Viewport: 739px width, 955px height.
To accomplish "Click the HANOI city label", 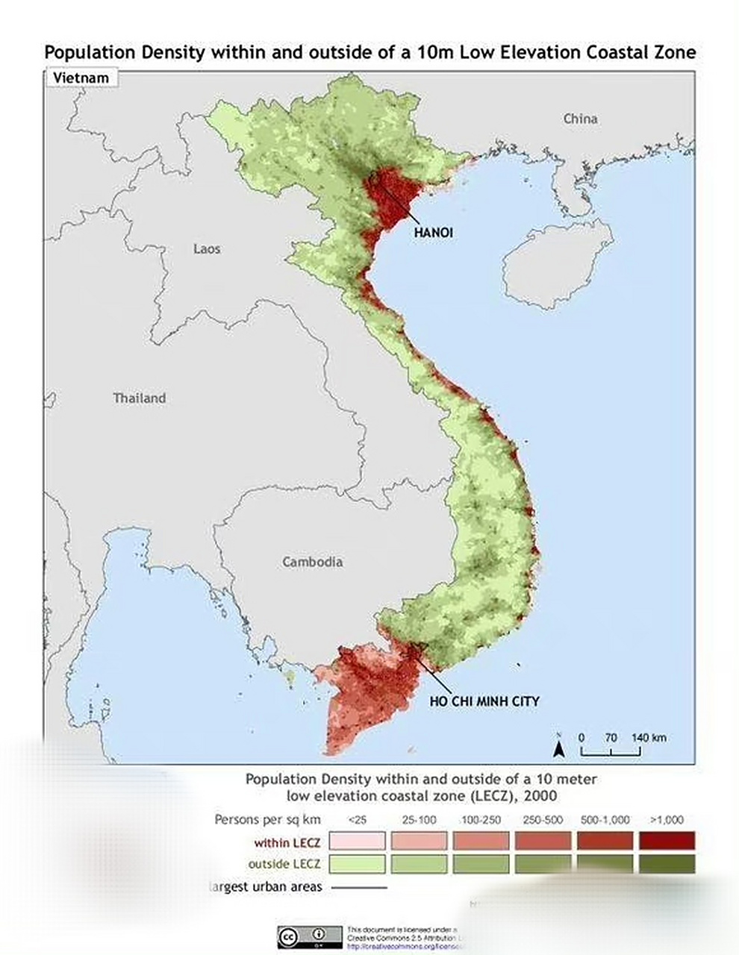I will tap(434, 233).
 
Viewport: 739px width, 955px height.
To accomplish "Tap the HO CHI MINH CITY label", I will tap(484, 701).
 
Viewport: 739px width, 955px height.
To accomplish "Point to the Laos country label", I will tap(207, 248).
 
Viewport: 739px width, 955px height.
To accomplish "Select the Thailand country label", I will tap(140, 398).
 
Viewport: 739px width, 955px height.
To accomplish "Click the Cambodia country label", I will tap(313, 562).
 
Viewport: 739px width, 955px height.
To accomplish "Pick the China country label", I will tap(580, 119).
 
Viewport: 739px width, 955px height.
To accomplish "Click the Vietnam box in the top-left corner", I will tap(81, 78).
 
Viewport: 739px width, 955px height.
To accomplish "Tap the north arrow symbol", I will tap(558, 747).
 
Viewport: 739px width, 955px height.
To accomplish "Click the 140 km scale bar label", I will tap(649, 738).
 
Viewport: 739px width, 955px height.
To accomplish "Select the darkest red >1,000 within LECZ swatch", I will tap(667, 842).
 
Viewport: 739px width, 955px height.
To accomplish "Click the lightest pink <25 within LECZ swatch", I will tap(358, 842).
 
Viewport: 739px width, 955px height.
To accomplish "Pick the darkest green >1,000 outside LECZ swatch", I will tap(667, 864).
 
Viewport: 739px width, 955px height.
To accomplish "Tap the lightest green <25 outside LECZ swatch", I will tap(358, 864).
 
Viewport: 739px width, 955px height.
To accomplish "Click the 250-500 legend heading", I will tap(543, 820).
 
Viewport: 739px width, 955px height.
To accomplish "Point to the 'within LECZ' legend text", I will tap(287, 843).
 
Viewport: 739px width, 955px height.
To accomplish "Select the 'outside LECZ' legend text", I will tap(284, 864).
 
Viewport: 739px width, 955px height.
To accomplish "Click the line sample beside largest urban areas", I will tap(359, 887).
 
